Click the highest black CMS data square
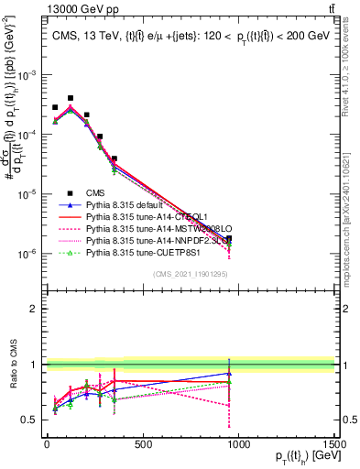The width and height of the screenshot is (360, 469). tap(71, 97)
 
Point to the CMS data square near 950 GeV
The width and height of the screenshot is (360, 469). tap(229, 238)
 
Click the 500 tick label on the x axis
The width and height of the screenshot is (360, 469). tap(142, 445)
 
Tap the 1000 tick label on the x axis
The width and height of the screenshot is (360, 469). tap(238, 445)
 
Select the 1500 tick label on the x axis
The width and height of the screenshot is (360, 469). tap(333, 445)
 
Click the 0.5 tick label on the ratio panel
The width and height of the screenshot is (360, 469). tap(33, 420)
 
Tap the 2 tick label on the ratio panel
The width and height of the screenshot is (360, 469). tap(38, 309)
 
